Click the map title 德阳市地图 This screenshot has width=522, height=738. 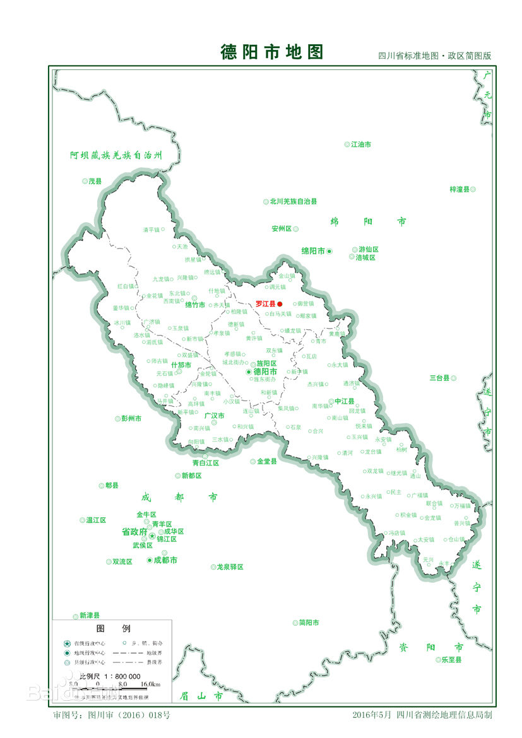[x=271, y=52]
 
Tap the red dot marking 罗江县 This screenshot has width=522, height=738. [x=280, y=303]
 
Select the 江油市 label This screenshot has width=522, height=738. [x=361, y=144]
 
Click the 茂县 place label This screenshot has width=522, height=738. [x=95, y=181]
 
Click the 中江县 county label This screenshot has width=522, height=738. [x=345, y=401]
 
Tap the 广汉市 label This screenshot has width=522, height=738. [x=214, y=416]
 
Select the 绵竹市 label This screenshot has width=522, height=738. [x=195, y=305]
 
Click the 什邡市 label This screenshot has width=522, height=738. [x=181, y=365]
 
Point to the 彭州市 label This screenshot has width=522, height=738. [x=131, y=418]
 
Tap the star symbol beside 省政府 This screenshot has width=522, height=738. [x=152, y=536]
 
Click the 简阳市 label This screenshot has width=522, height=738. [x=309, y=623]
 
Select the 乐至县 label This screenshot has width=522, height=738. [x=451, y=660]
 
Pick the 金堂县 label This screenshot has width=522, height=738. [x=267, y=461]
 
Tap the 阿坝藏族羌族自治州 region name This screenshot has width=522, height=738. [x=116, y=155]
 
